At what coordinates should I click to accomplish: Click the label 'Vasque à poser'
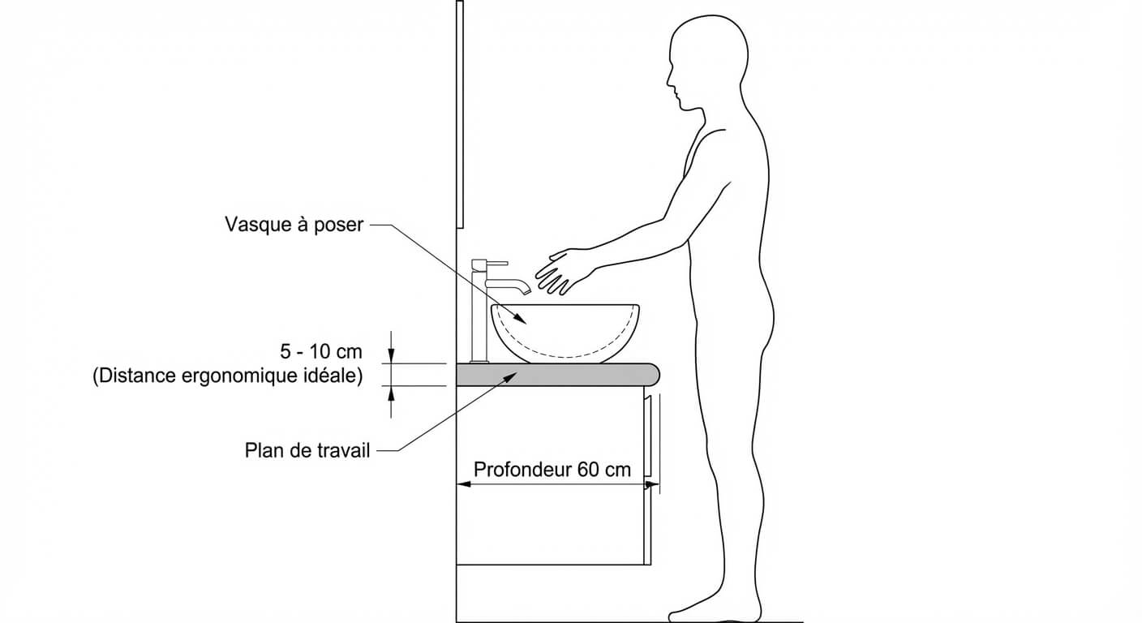[x=294, y=225]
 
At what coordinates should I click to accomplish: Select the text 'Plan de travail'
[x=307, y=450]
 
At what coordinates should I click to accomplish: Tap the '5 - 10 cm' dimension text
[x=321, y=352]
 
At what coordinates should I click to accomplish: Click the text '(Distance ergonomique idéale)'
[x=227, y=376]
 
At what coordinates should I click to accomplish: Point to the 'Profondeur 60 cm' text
[x=552, y=470]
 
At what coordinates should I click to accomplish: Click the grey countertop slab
[x=552, y=375]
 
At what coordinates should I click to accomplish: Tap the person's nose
[x=670, y=81]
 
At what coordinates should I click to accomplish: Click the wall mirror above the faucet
[x=460, y=114]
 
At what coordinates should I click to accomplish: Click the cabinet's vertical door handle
[x=648, y=438]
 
